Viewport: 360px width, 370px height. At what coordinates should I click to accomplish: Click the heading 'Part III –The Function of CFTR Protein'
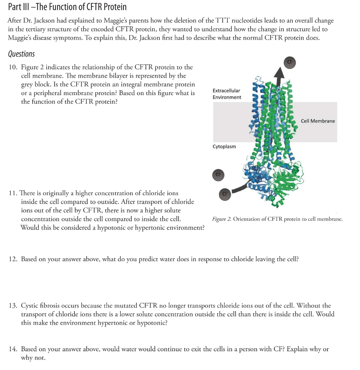tap(67, 7)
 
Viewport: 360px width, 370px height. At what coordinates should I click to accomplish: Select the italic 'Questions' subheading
tap(21, 54)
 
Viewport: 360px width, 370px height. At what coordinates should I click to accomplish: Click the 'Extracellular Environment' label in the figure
tap(227, 94)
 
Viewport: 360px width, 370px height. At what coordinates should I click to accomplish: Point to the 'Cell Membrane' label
tap(318, 121)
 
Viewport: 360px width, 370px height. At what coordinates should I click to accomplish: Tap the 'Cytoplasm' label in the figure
tap(224, 146)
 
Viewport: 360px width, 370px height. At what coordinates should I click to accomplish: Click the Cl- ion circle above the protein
tap(290, 62)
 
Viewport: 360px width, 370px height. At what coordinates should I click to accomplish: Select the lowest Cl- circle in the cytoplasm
tap(224, 194)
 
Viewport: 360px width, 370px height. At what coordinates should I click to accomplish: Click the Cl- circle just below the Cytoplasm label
tap(218, 175)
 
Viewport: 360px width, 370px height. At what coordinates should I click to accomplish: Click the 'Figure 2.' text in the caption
tap(222, 219)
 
